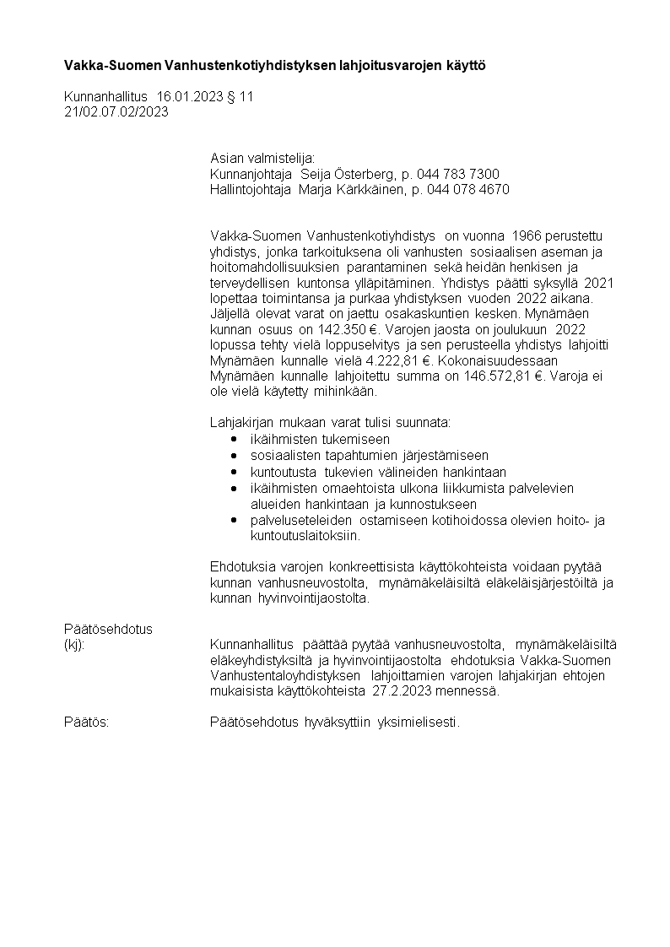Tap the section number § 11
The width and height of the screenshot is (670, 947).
(x=240, y=97)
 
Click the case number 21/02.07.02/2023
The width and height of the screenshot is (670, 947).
(x=116, y=111)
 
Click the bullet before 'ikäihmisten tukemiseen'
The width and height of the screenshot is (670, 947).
(x=234, y=440)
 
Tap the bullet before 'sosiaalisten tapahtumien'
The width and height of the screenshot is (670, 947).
(x=234, y=456)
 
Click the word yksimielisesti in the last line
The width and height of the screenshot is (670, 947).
(x=420, y=722)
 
